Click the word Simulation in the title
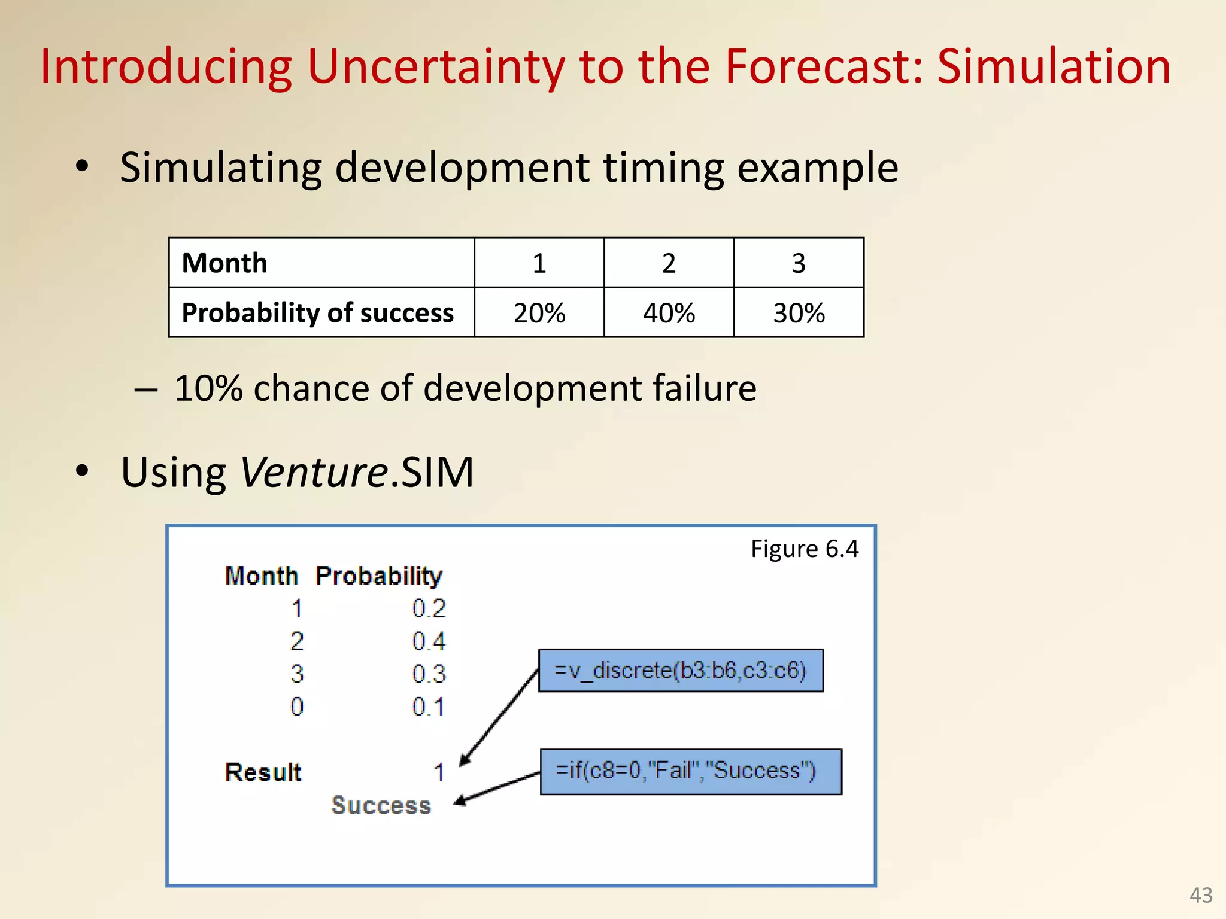1053,66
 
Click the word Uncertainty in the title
436,66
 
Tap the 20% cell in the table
539,313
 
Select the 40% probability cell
669,313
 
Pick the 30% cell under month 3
799,313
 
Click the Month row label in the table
224,263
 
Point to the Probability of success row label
317,313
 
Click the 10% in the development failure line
208,388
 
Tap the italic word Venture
314,473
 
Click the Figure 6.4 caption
804,549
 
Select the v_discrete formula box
681,671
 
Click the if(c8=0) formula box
690,771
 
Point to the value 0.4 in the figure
429,642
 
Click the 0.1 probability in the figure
429,707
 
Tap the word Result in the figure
263,772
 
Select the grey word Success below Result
381,805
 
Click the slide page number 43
1200,895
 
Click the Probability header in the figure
378,576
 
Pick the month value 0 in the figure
297,707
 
